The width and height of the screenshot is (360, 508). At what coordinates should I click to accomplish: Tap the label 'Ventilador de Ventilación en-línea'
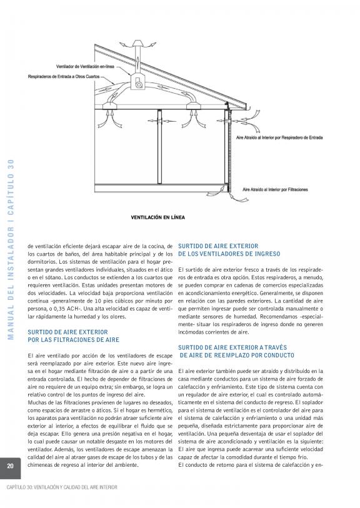click(85, 66)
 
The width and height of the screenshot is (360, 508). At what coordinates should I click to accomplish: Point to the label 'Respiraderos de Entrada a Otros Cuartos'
click(64, 77)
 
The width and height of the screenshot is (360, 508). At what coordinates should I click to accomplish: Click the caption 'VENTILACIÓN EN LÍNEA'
click(157, 217)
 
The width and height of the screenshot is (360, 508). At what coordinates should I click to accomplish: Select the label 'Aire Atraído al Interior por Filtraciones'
click(275, 189)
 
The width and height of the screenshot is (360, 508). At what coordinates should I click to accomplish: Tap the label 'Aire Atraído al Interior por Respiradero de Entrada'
click(279, 137)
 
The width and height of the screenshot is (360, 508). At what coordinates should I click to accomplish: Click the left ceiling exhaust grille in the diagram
click(110, 106)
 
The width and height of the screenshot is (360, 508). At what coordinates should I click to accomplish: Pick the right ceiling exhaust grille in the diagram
click(194, 106)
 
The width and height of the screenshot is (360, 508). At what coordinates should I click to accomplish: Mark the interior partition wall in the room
click(159, 147)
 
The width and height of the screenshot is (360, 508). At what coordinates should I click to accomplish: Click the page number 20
click(11, 466)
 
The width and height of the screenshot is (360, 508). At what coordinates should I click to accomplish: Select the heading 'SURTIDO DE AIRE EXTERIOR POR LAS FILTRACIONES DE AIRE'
click(73, 336)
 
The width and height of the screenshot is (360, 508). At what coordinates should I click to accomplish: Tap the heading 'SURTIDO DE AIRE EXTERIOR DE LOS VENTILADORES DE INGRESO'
click(229, 250)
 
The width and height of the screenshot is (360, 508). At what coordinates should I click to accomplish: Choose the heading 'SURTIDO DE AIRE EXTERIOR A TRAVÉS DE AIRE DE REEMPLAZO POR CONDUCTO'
click(236, 352)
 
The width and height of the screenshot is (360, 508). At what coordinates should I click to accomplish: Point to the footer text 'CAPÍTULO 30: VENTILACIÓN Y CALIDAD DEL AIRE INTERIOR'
click(62, 487)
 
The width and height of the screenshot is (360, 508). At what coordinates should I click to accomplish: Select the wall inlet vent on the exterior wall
click(229, 121)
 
